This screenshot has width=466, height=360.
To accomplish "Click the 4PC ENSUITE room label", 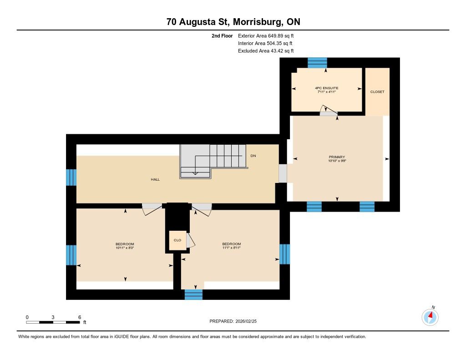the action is (326, 88).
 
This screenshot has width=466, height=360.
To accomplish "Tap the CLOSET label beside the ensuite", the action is (377, 92).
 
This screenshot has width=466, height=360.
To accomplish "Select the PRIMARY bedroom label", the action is (337, 157).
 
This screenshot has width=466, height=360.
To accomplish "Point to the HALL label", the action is (155, 180).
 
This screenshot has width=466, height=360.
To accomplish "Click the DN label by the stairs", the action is (253, 156).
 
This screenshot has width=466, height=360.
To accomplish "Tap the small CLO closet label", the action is (177, 240).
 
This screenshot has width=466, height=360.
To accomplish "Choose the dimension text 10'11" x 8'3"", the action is (125, 248).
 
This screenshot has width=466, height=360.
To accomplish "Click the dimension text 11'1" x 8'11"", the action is (231, 248).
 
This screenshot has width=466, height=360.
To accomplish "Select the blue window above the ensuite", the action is (317, 63).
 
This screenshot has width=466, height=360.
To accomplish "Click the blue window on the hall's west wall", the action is (71, 177).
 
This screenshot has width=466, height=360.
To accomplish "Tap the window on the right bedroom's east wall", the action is (285, 254).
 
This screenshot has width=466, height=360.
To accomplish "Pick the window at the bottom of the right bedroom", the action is (193, 294).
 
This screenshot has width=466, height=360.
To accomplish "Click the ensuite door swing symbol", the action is (329, 110).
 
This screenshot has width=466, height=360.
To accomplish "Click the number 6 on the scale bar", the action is (80, 317).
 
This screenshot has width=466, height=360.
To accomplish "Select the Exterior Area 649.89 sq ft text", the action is (266, 36).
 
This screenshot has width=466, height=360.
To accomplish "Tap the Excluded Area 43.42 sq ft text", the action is (266, 51).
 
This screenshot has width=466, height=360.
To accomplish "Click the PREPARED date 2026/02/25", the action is (246, 321).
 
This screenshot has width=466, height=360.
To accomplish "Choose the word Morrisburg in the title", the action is (258, 22).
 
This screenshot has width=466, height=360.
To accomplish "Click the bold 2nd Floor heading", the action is (222, 36).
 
